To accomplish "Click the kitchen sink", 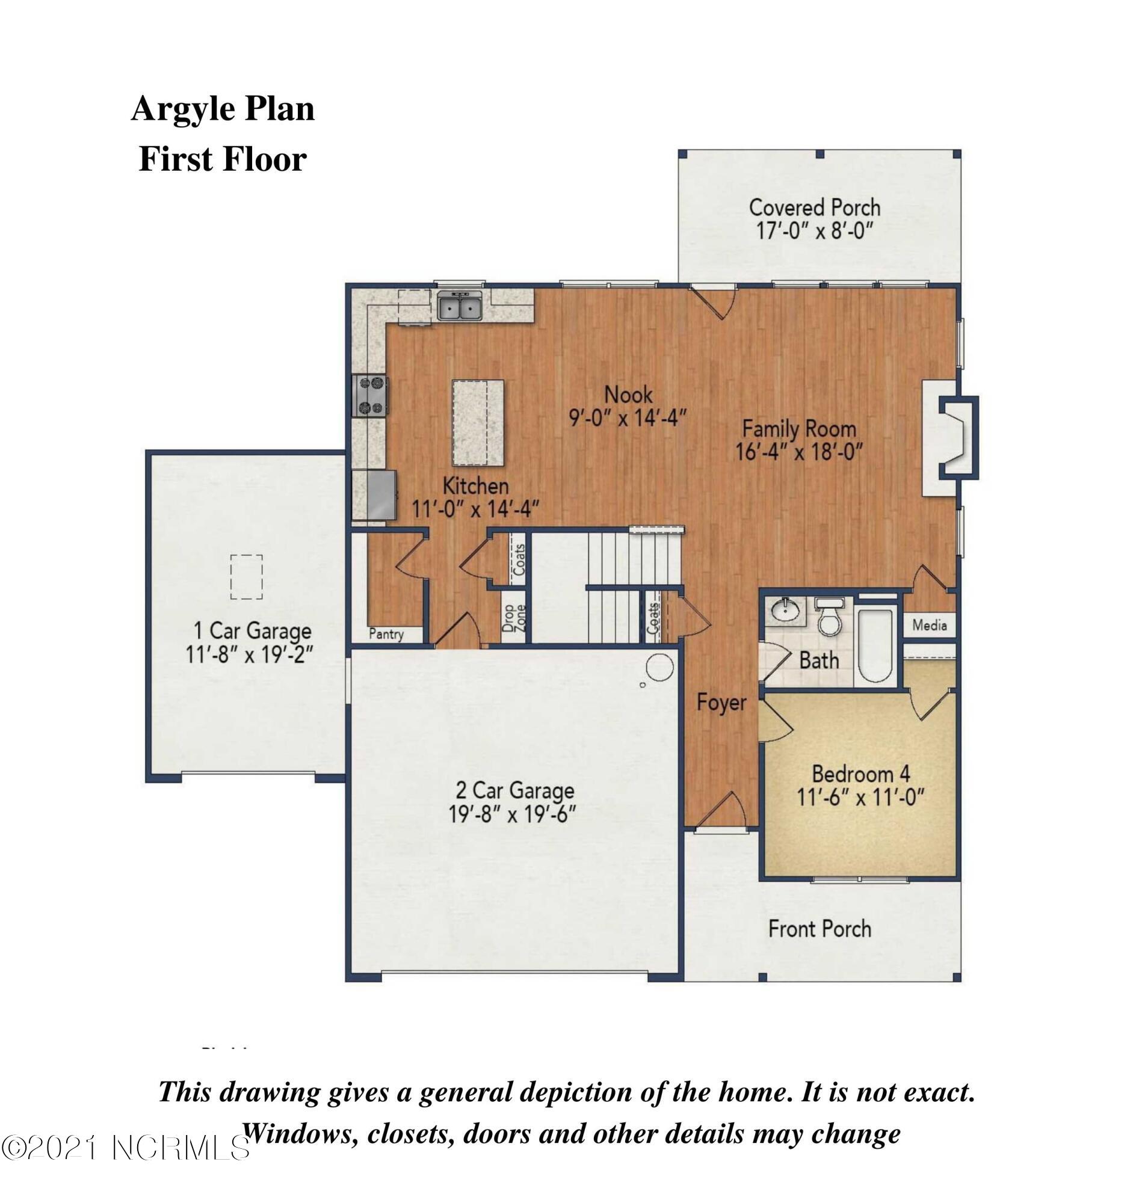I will click(460, 306).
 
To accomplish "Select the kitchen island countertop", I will click(478, 423).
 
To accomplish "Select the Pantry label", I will click(386, 634).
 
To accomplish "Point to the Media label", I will click(930, 625).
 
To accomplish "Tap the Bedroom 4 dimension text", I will click(860, 797).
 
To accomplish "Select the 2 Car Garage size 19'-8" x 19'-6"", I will click(512, 814).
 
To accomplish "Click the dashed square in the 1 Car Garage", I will click(247, 576).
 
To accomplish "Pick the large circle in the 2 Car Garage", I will click(659, 668).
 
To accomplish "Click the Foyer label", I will click(721, 702).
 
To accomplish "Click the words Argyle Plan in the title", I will click(223, 109).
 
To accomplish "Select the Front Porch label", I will click(819, 929).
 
